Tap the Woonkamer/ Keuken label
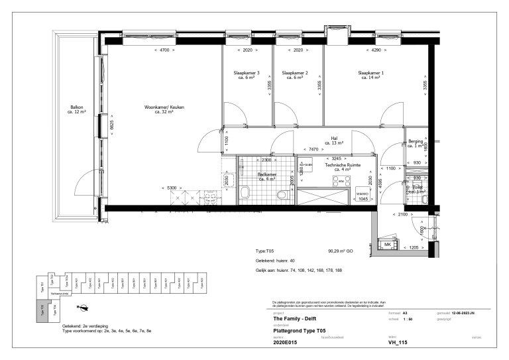coord(159,109)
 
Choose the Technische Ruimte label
coord(343,167)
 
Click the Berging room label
coord(416,143)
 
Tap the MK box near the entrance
coord(387,245)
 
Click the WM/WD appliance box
coord(363,194)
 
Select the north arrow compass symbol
coord(84,306)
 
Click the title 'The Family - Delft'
coord(293,318)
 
